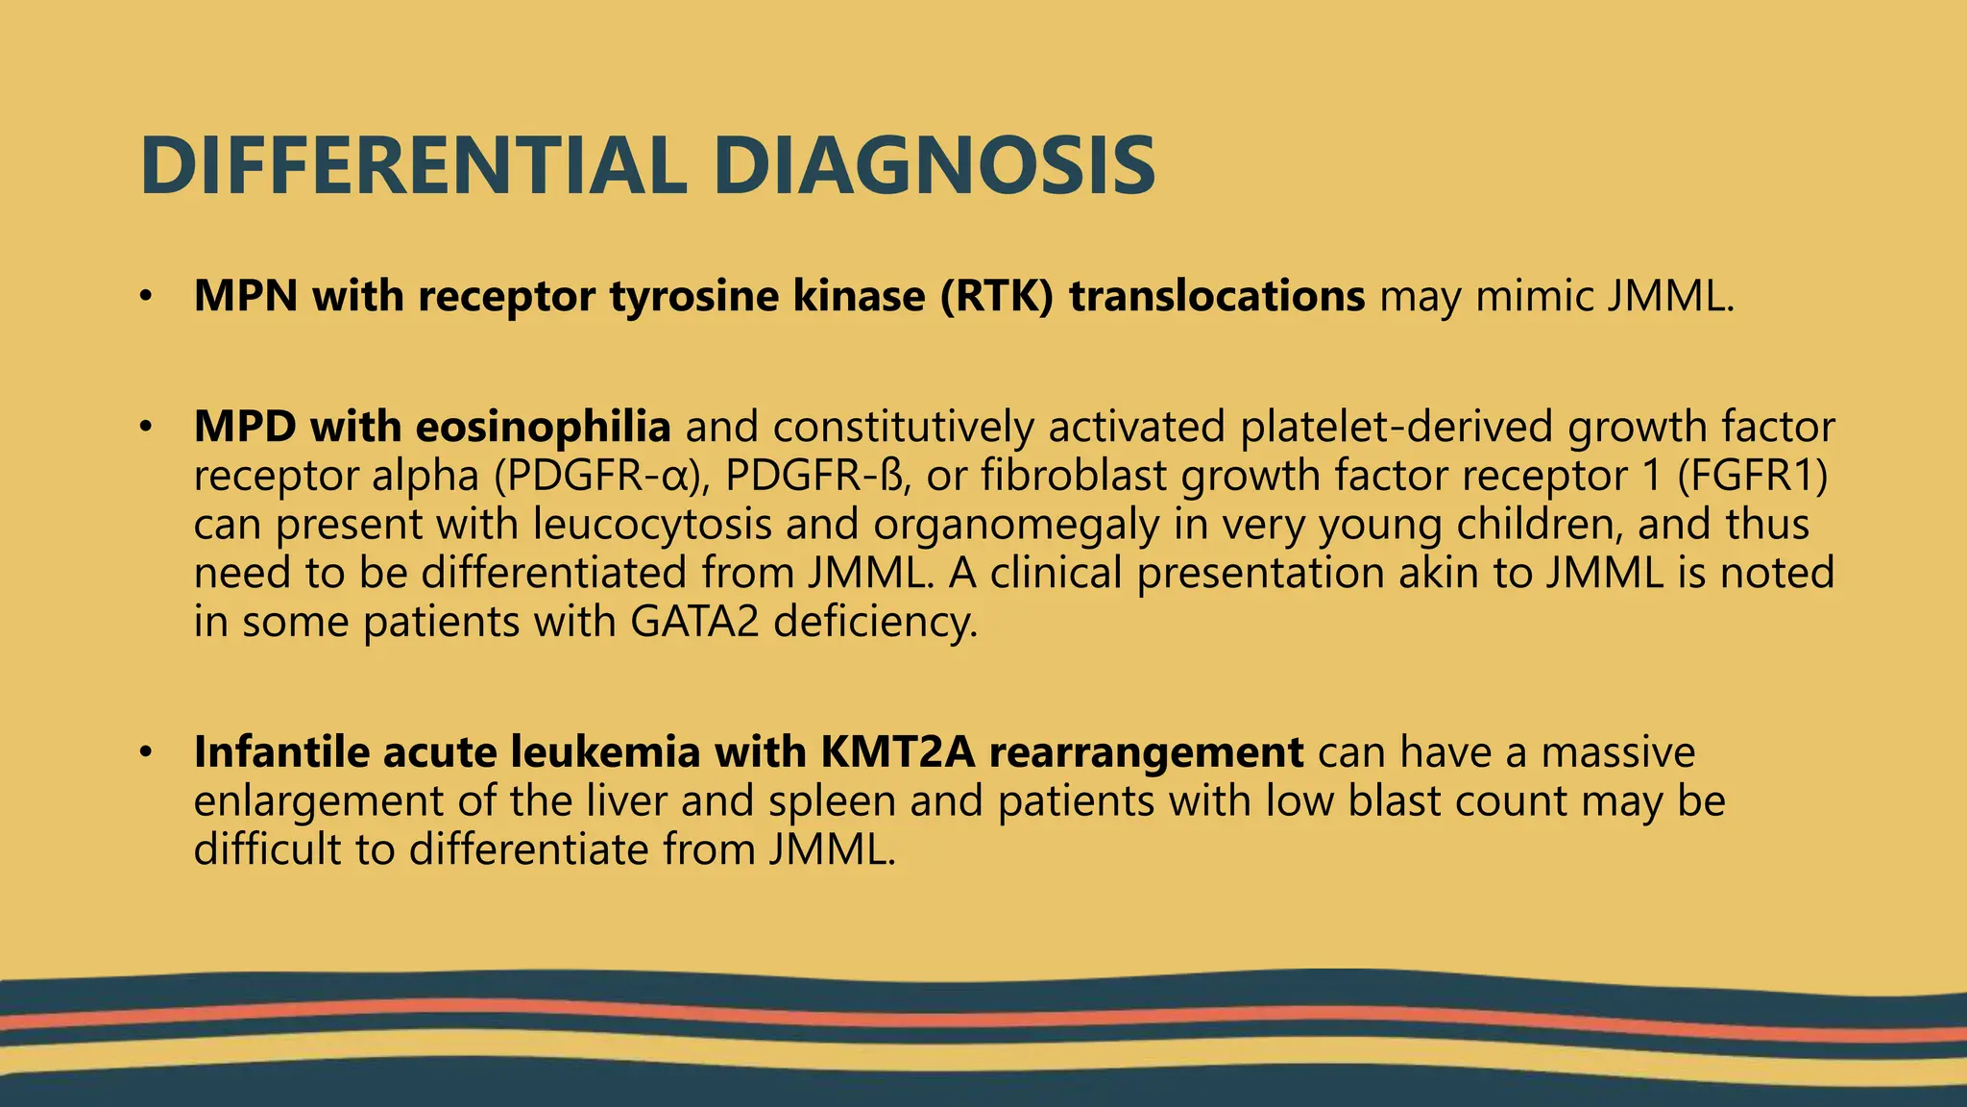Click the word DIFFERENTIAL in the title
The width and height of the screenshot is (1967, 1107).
[x=413, y=166]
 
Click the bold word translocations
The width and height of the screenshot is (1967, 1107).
[x=1217, y=296]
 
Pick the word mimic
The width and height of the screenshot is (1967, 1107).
[x=1534, y=296]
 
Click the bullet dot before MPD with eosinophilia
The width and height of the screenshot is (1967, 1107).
[x=145, y=427]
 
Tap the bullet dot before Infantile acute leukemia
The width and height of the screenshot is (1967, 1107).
[x=145, y=751]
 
